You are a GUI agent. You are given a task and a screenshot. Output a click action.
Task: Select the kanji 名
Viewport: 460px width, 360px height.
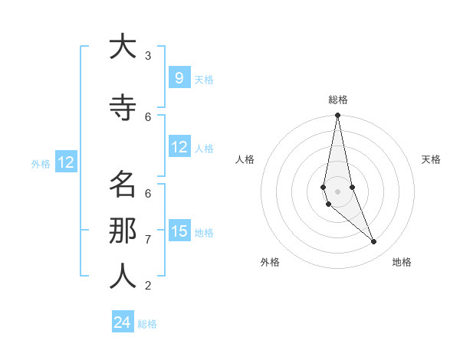pyautogui.click(x=122, y=185)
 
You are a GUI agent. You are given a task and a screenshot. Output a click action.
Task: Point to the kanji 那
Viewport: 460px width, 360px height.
pyautogui.click(x=122, y=230)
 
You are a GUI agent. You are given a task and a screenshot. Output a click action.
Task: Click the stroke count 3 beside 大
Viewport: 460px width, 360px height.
pyautogui.click(x=148, y=56)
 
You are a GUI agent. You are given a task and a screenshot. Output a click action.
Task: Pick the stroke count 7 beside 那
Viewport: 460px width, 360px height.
pyautogui.click(x=148, y=239)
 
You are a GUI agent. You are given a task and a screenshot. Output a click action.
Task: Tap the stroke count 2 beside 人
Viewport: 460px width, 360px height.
pyautogui.click(x=148, y=286)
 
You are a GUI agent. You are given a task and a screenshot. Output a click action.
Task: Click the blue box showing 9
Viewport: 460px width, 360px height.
pyautogui.click(x=179, y=78)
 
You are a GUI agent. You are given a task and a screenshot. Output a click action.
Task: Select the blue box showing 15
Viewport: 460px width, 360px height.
pyautogui.click(x=179, y=231)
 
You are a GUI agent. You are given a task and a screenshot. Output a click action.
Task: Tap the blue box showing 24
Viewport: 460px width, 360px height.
pyautogui.click(x=123, y=322)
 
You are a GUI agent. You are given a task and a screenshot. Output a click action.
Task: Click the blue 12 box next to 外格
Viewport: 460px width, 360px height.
pyautogui.click(x=65, y=162)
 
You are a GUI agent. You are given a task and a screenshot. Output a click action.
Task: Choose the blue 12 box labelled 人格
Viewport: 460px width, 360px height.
pyautogui.click(x=179, y=147)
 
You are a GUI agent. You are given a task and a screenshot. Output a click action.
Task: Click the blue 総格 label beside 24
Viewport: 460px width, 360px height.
pyautogui.click(x=147, y=324)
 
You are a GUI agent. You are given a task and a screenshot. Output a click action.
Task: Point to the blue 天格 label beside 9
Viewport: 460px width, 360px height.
pyautogui.click(x=204, y=79)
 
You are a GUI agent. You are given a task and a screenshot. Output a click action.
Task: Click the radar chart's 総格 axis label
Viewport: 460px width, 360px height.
pyautogui.click(x=338, y=100)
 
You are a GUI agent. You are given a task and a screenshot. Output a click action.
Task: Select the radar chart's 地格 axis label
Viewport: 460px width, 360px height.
pyautogui.click(x=402, y=262)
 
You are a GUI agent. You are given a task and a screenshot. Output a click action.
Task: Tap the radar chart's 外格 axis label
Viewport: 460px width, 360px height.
pyautogui.click(x=270, y=262)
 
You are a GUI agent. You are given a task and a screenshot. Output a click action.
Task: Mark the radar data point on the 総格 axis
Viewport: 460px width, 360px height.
pyautogui.click(x=337, y=116)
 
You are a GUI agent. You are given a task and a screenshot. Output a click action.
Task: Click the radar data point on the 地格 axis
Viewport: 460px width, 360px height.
pyautogui.click(x=374, y=242)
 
